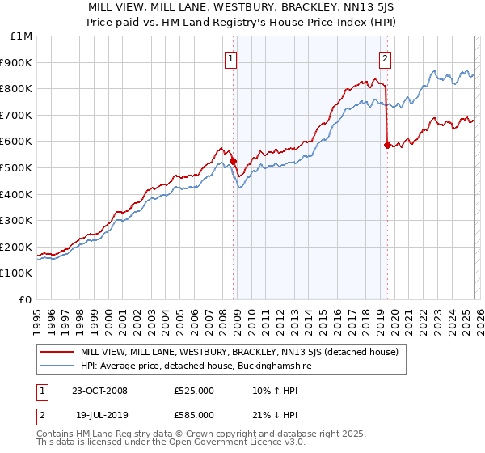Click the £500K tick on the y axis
pos(16,167)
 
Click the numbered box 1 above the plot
pos(231,58)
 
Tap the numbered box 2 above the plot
pos(386,58)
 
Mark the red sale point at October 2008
pos(234,161)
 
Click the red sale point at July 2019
pos(387,145)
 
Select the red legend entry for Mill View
pos(239,352)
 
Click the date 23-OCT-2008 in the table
pos(99,392)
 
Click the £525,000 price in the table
pos(194,392)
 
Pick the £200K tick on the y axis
pos(16,247)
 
